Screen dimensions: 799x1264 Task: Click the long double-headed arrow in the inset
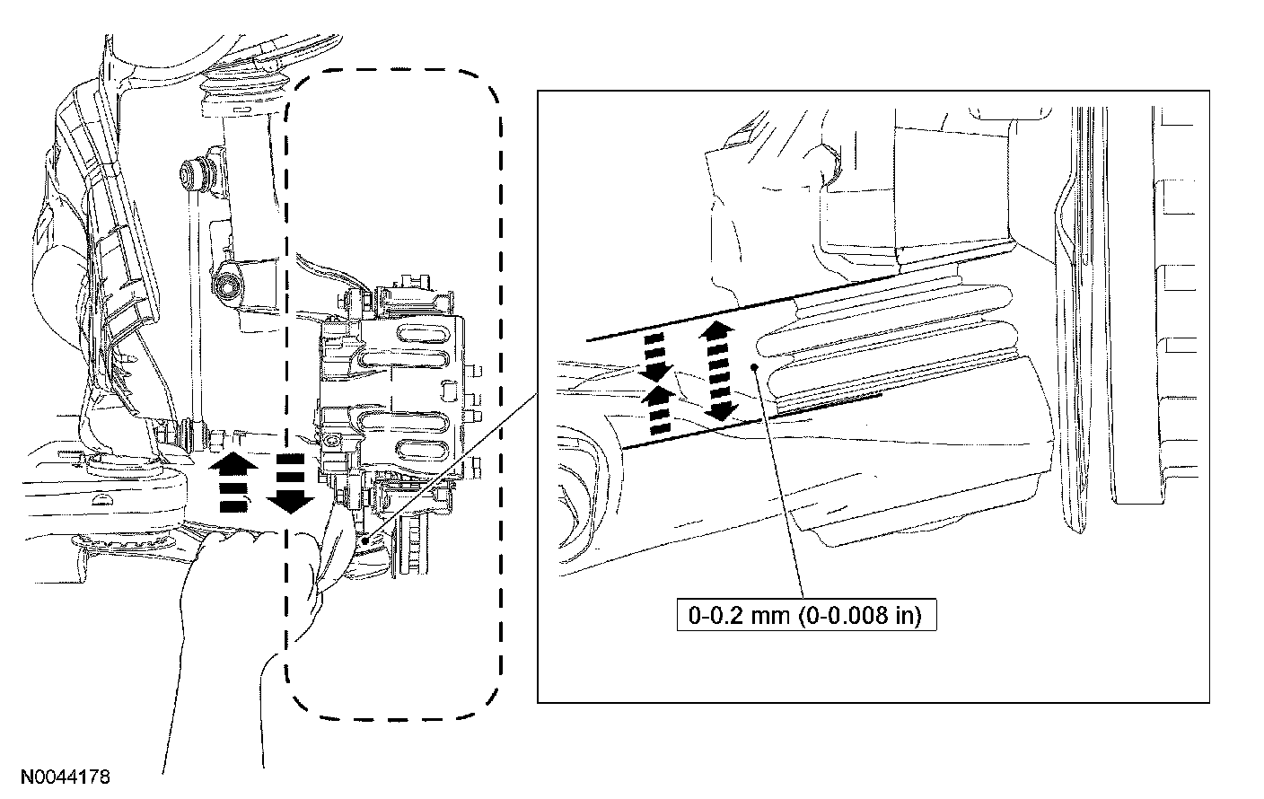(x=718, y=370)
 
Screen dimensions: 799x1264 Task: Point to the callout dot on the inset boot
(x=757, y=367)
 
